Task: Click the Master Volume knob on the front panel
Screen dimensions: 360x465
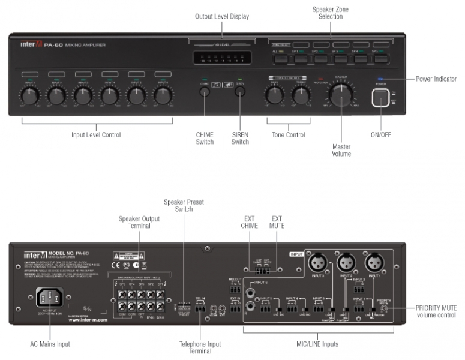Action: pos(341,94)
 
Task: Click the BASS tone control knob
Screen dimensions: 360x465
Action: pos(275,94)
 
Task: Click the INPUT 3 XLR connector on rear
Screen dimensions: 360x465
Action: pos(317,262)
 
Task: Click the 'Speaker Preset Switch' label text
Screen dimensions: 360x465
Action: pos(184,206)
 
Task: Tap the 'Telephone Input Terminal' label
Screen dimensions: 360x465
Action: pos(200,348)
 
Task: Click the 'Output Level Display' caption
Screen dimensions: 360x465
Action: pos(222,16)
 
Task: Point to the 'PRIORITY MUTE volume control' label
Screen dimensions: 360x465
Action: pos(436,311)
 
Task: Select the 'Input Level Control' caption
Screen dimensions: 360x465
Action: pos(96,134)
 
